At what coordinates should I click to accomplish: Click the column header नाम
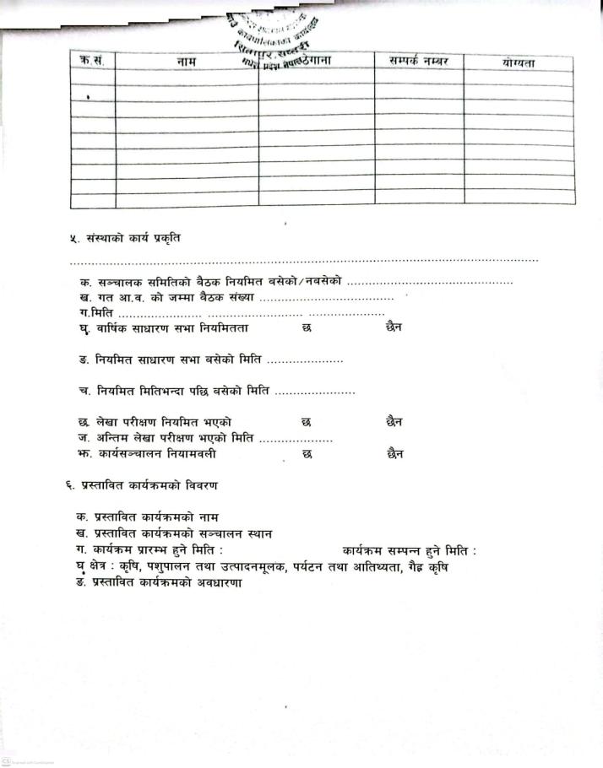(187, 62)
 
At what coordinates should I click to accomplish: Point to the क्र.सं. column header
(90, 62)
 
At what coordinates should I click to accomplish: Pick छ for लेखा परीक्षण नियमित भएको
(306, 421)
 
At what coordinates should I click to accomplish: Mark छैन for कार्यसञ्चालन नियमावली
(394, 454)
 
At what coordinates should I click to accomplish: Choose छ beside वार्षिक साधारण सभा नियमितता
(306, 327)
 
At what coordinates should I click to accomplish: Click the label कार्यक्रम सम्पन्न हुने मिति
(409, 551)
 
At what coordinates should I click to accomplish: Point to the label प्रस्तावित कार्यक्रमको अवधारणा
(164, 584)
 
